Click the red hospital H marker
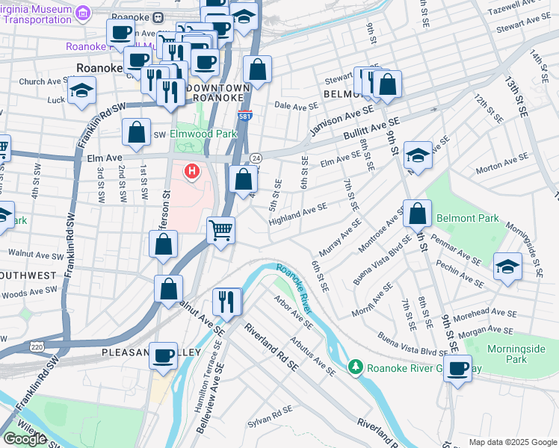click(193, 172)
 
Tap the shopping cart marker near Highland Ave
click(220, 230)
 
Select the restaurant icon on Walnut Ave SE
click(225, 301)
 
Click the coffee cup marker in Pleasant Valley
click(163, 357)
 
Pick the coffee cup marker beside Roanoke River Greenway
click(457, 367)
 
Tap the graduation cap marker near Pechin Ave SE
click(507, 267)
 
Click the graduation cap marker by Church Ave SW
click(81, 91)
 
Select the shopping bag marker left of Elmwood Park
click(137, 132)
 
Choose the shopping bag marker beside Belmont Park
click(418, 213)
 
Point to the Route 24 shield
click(256, 158)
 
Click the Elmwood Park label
click(203, 134)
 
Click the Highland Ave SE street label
click(297, 214)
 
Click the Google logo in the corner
click(25, 438)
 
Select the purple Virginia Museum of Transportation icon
click(84, 13)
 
